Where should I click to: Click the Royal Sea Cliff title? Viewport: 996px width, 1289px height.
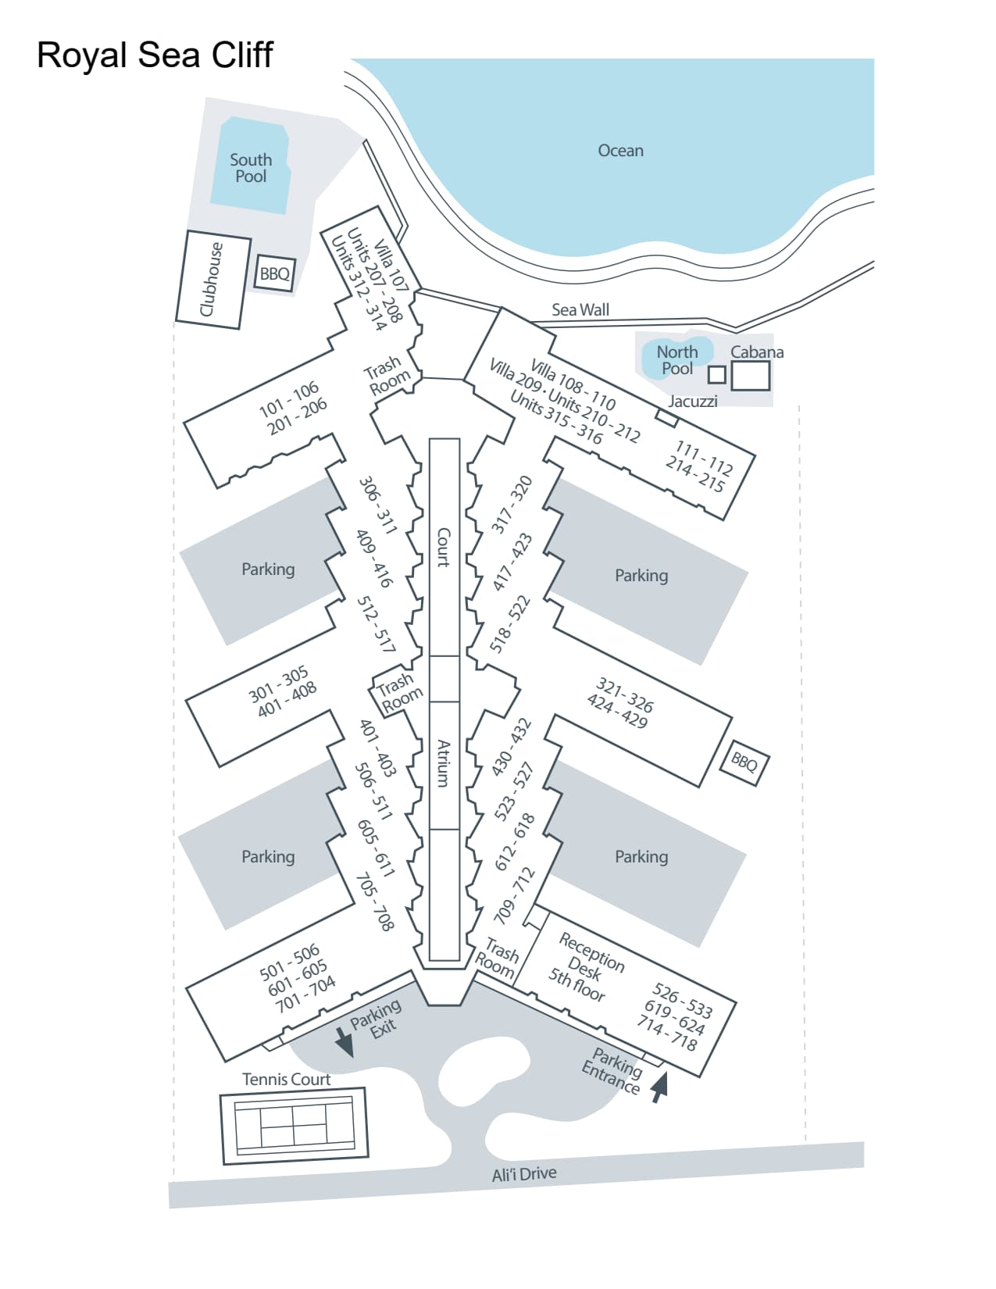[155, 55]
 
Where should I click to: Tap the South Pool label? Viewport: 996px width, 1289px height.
[251, 168]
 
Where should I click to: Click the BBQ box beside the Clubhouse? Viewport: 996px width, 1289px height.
[275, 274]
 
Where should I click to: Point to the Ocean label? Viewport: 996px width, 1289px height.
[620, 151]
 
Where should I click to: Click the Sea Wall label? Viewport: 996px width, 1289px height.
[580, 310]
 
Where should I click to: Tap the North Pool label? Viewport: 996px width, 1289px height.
[676, 360]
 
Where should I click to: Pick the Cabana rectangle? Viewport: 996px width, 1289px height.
[750, 376]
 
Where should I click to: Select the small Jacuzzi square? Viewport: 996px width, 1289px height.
[716, 375]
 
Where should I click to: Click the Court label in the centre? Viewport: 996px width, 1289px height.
[443, 547]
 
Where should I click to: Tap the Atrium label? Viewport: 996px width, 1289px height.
[443, 763]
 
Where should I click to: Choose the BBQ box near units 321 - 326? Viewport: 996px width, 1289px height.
[744, 761]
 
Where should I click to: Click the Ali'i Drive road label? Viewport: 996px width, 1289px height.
[524, 1174]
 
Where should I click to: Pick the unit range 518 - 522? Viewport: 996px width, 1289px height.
[509, 624]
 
